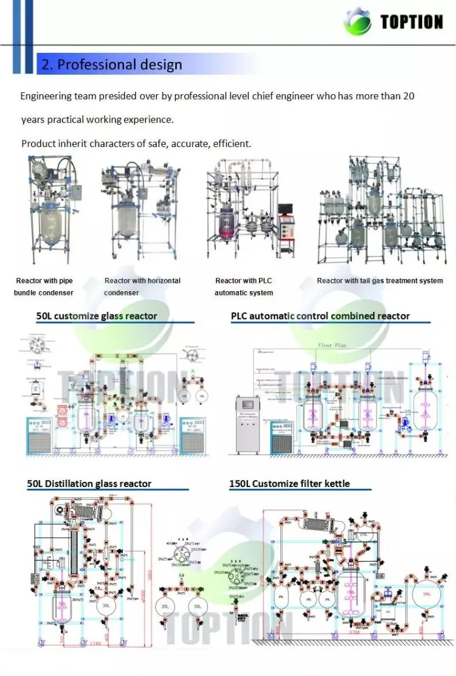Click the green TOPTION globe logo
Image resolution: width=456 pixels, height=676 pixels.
click(358, 22)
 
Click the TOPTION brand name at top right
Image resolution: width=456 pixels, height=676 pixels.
click(412, 22)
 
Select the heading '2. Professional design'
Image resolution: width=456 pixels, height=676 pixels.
click(111, 64)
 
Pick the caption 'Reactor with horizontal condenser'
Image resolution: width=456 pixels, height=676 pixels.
click(142, 286)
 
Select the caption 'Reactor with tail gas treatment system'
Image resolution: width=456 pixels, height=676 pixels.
click(379, 281)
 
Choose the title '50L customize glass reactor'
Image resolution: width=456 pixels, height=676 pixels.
click(97, 316)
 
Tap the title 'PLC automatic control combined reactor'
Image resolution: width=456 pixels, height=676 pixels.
click(320, 316)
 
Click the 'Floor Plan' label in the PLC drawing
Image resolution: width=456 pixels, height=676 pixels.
click(332, 345)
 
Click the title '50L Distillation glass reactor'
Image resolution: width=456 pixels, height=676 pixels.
click(89, 484)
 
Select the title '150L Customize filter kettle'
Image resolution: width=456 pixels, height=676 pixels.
click(289, 484)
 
